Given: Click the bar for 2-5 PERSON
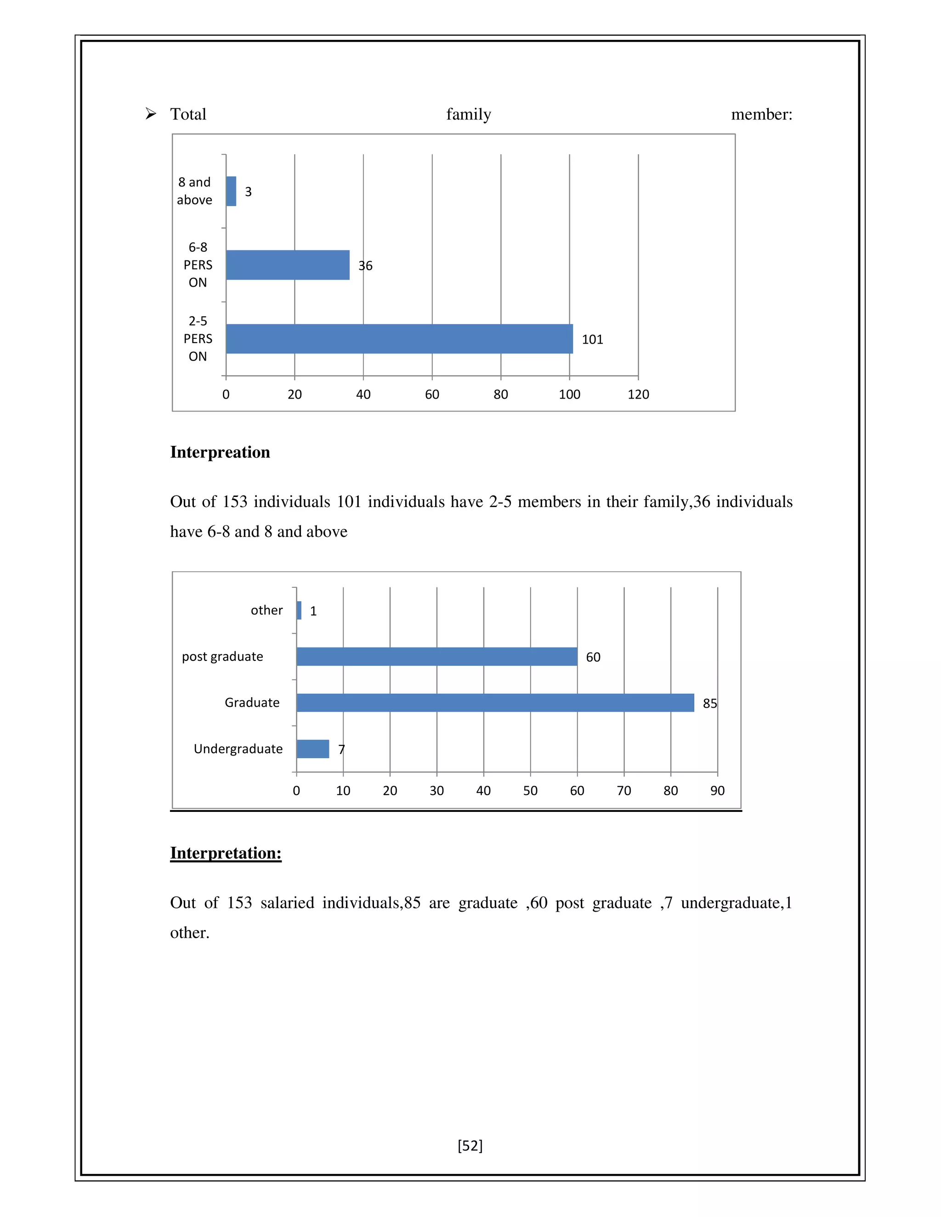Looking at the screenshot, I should (399, 339).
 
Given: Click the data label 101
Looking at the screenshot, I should (592, 339).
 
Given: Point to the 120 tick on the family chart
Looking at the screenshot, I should (638, 394).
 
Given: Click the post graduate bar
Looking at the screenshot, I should (436, 656).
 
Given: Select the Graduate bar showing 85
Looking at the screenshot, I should (495, 703).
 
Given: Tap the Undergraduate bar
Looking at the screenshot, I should (313, 749).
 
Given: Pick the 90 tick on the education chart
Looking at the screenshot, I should (717, 791).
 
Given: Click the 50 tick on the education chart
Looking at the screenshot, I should (530, 791).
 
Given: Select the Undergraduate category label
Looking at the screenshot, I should (238, 749).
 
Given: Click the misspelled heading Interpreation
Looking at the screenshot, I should (220, 452).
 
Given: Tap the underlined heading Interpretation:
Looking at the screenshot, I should (225, 853).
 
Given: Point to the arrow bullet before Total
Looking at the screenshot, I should (151, 114).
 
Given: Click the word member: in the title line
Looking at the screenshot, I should (761, 114).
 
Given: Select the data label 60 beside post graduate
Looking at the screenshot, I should (593, 657).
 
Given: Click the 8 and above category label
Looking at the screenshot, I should (194, 191).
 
